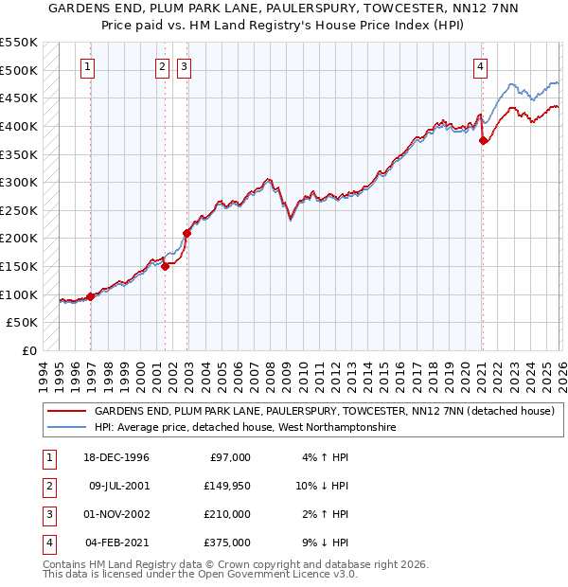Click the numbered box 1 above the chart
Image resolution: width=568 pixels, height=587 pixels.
click(87, 66)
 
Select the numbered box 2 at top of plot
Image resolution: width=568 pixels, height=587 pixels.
click(162, 66)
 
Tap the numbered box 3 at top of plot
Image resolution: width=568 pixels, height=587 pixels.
click(183, 66)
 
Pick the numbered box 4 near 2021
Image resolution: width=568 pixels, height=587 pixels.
click(481, 66)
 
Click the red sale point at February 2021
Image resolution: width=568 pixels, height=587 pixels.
click(484, 140)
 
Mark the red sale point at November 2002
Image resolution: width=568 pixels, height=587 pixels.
click(186, 233)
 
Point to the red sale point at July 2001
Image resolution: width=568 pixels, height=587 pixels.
click(165, 266)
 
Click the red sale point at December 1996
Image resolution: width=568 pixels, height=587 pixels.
click(91, 296)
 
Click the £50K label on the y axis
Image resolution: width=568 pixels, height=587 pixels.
click(23, 323)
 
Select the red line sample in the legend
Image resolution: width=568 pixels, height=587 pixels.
click(66, 411)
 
